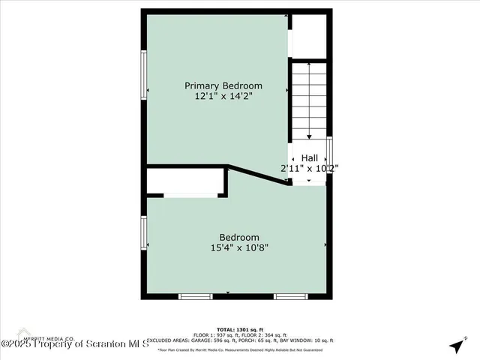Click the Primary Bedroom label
pos(223,85)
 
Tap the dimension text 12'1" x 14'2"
pos(223,97)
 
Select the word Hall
pos(309,157)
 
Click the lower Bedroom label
pos(239,237)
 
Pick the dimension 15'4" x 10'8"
pos(239,248)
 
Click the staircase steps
pos(309,101)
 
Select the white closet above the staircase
pos(309,35)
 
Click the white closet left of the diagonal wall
pos(185,181)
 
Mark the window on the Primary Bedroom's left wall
pos(144,75)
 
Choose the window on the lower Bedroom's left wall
pos(144,232)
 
